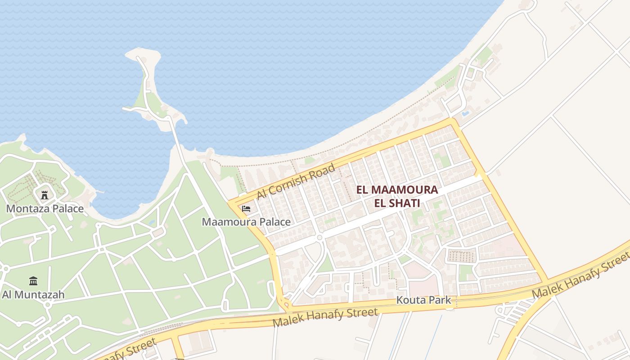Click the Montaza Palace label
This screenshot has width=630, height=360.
pyautogui.click(x=45, y=209)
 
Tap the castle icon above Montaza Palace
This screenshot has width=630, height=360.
pyautogui.click(x=45, y=195)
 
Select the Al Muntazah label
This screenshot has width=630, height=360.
pyautogui.click(x=33, y=295)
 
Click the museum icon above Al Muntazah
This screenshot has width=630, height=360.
pyautogui.click(x=33, y=281)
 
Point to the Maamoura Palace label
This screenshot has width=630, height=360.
pyautogui.click(x=246, y=222)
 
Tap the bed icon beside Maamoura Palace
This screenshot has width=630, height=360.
pyautogui.click(x=246, y=209)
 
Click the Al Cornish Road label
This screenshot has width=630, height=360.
pyautogui.click(x=296, y=182)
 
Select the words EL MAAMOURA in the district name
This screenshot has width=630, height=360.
pyautogui.click(x=397, y=190)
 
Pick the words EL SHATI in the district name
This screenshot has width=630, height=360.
pyautogui.click(x=397, y=203)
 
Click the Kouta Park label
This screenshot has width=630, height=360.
pyautogui.click(x=423, y=300)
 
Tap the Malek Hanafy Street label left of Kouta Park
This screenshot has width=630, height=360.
pyautogui.click(x=325, y=318)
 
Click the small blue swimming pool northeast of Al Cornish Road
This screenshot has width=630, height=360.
pyautogui.click(x=465, y=113)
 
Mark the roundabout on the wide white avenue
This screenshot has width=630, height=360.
pyautogui.click(x=319, y=237)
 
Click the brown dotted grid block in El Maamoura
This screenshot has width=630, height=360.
pyautogui.click(x=461, y=256)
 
